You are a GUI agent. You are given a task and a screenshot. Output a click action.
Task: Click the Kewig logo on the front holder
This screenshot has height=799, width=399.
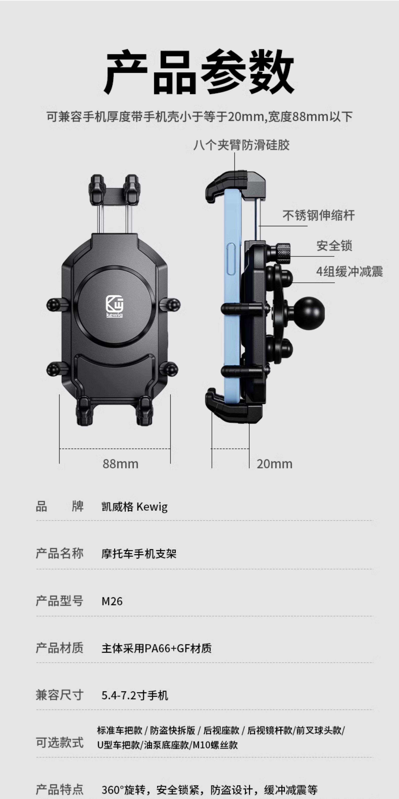(x=115, y=306)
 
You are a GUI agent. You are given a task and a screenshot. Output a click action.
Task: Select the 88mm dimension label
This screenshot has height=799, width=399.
(x=121, y=464)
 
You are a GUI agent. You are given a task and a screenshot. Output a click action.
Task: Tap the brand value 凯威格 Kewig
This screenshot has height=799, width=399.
(x=135, y=507)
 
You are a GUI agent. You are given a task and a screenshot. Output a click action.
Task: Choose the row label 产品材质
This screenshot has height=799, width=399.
(x=60, y=648)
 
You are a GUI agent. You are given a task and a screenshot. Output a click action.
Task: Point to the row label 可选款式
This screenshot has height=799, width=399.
(x=60, y=743)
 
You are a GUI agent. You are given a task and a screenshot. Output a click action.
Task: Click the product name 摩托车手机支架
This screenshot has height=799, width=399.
(x=139, y=554)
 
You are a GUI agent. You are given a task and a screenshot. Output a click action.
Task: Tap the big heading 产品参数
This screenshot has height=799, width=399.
(x=199, y=72)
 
